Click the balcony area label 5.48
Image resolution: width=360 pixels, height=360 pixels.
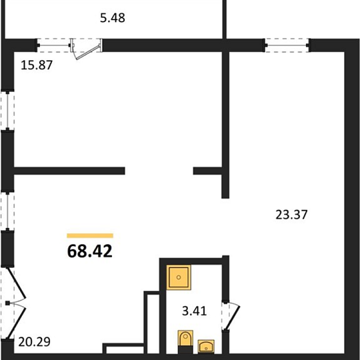[x=113, y=18]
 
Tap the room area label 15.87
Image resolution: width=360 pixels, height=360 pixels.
[x=37, y=65]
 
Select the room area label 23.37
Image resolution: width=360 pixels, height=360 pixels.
[x=291, y=215]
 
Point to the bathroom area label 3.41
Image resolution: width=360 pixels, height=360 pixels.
[x=195, y=311]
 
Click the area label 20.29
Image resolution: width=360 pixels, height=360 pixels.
[x=34, y=342]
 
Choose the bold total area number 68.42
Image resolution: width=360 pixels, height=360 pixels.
[x=90, y=251]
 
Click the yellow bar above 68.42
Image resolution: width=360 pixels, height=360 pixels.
[x=90, y=235]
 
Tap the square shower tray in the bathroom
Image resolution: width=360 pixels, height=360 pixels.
[x=179, y=277]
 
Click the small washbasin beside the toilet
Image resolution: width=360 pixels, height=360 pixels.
[x=206, y=346]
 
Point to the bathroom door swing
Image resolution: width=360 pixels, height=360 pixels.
[x=231, y=317]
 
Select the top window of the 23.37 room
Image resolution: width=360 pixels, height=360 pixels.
[x=287, y=45]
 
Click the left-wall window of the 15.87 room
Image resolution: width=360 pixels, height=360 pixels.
[x=7, y=110]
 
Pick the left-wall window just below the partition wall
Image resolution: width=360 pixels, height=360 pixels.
[x=7, y=211]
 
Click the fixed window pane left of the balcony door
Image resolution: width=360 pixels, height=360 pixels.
[x=54, y=45]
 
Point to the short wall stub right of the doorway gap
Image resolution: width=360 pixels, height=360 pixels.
[x=207, y=171]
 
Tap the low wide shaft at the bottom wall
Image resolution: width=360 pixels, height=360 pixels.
[x=123, y=349]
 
